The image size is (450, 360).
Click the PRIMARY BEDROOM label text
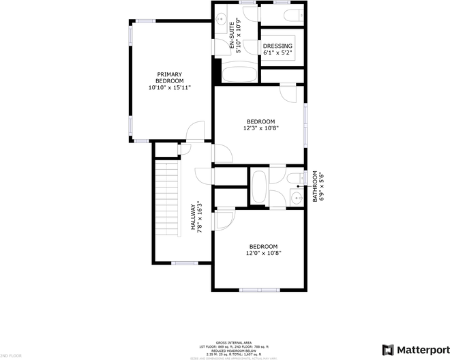(x=170, y=78)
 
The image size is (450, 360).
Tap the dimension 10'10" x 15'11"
(x=170, y=87)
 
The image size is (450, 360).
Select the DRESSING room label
(x=277, y=46)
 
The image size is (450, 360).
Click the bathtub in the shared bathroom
(x=259, y=187)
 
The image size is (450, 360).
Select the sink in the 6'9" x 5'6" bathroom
(x=295, y=198)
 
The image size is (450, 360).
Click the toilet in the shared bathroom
(x=294, y=179)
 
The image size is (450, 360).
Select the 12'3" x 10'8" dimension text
(x=260, y=128)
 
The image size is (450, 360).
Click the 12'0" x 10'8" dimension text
(x=262, y=253)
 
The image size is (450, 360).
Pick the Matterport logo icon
(x=388, y=350)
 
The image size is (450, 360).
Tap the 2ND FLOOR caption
(x=12, y=356)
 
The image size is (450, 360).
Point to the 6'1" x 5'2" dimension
(x=277, y=53)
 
